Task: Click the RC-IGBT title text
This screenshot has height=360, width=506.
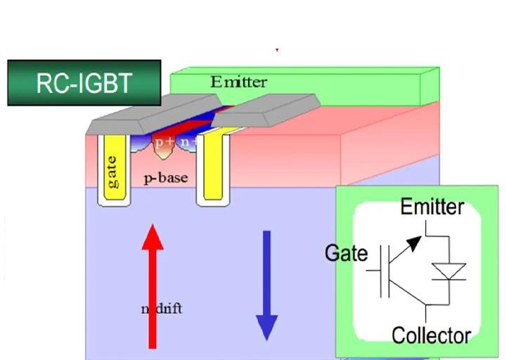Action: [84, 83]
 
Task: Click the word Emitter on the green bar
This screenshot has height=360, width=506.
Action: [239, 82]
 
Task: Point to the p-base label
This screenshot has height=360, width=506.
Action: [166, 178]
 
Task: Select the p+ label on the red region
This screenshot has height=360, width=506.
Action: [164, 142]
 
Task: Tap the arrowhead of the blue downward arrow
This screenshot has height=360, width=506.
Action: [266, 327]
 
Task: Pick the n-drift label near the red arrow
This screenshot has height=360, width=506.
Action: [161, 308]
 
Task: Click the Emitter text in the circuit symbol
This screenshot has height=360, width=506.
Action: [432, 207]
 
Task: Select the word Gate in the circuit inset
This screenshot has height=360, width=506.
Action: [346, 252]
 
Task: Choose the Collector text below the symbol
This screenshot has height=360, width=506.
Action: [431, 335]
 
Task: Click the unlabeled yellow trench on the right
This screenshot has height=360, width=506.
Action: [213, 169]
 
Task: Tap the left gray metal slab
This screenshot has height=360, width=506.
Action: [141, 115]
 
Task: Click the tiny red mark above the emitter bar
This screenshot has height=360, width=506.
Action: [277, 50]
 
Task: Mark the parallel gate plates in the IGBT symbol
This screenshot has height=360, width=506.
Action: [384, 271]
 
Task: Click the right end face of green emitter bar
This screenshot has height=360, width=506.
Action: [429, 86]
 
